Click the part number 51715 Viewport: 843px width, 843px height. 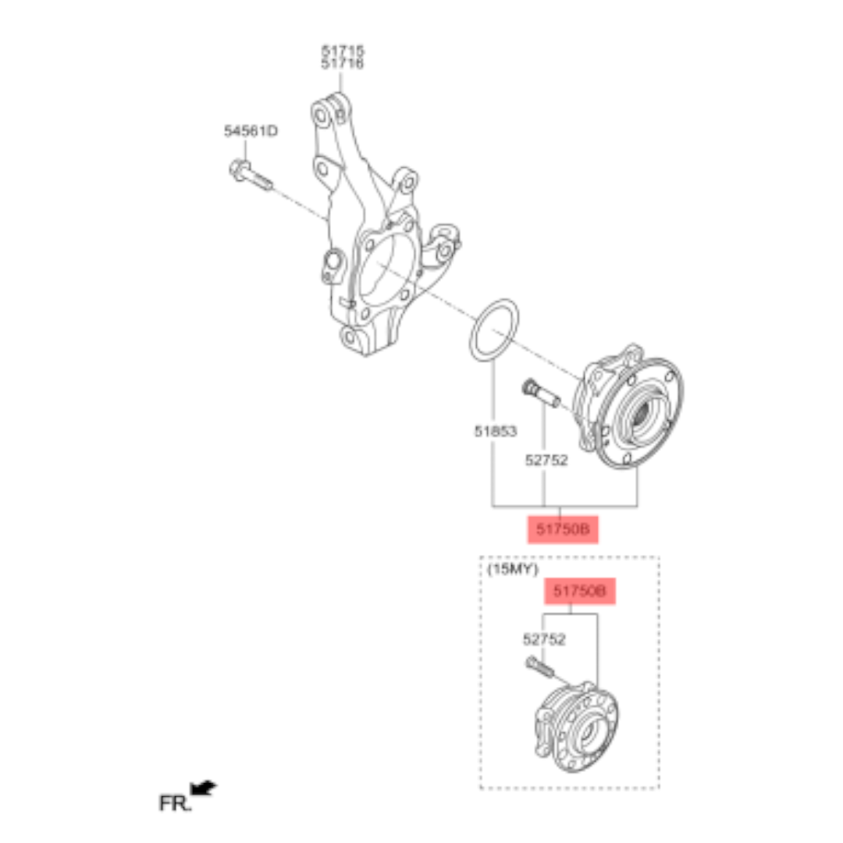click(342, 52)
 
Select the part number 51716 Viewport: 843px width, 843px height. click(342, 64)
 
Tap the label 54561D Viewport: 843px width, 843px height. click(251, 131)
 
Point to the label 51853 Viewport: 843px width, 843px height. click(495, 430)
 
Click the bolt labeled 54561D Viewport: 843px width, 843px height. click(250, 176)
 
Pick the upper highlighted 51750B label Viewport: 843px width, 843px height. click(562, 529)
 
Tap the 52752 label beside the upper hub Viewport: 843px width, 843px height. click(546, 461)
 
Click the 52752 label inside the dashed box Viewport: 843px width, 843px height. click(544, 639)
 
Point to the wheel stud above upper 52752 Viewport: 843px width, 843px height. click(540, 393)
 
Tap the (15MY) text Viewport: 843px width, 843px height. click(513, 569)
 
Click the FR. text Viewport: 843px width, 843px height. click(175, 803)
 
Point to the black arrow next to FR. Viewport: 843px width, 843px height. click(205, 789)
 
